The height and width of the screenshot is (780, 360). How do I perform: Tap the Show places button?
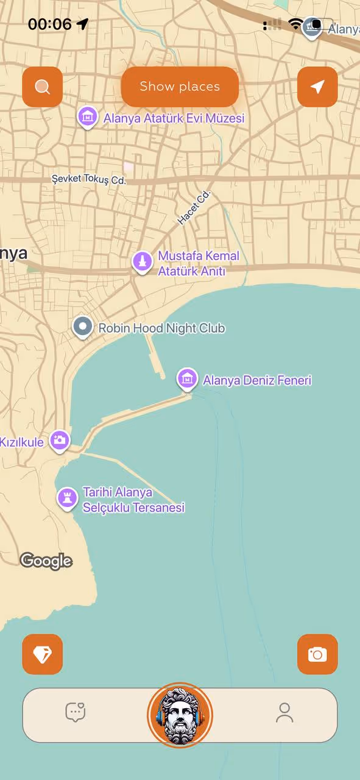[179, 87]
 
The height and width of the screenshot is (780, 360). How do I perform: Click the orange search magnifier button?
[42, 87]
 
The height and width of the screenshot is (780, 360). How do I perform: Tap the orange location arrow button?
[317, 87]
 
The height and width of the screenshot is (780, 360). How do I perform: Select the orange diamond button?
[42, 654]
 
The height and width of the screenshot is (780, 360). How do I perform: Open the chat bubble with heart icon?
[76, 712]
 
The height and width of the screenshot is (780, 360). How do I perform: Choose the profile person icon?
[284, 712]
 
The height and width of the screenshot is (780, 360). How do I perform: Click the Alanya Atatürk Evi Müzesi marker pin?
[88, 116]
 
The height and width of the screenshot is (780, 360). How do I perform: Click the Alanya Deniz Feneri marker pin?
[187, 378]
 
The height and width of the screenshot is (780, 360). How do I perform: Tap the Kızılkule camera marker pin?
[60, 440]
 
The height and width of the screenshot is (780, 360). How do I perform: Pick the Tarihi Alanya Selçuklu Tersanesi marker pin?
[67, 497]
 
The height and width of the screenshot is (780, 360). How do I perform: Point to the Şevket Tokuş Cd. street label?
[88, 180]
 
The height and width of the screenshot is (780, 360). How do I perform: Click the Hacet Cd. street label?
[194, 207]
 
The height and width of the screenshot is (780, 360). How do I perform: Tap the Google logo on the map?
[46, 561]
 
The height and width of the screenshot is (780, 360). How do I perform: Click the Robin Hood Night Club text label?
[161, 328]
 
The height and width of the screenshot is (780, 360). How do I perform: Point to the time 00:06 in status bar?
[50, 24]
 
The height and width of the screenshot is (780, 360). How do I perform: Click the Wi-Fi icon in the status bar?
[295, 24]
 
